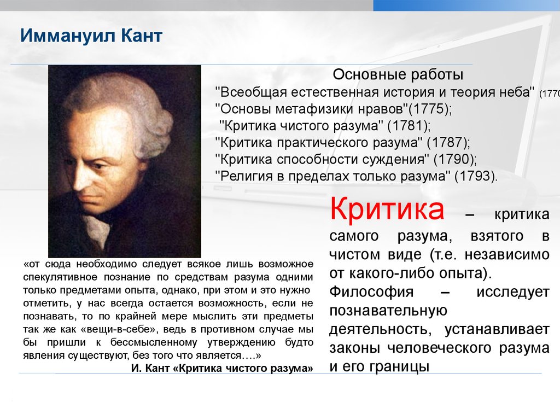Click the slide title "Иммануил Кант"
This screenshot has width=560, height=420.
91,36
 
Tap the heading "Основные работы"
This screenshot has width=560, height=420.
398,74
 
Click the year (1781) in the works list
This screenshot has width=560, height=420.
409,126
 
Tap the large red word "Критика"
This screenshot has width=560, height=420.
387,209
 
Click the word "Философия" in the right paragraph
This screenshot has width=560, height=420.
371,292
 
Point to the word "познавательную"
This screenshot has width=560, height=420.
388,311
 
